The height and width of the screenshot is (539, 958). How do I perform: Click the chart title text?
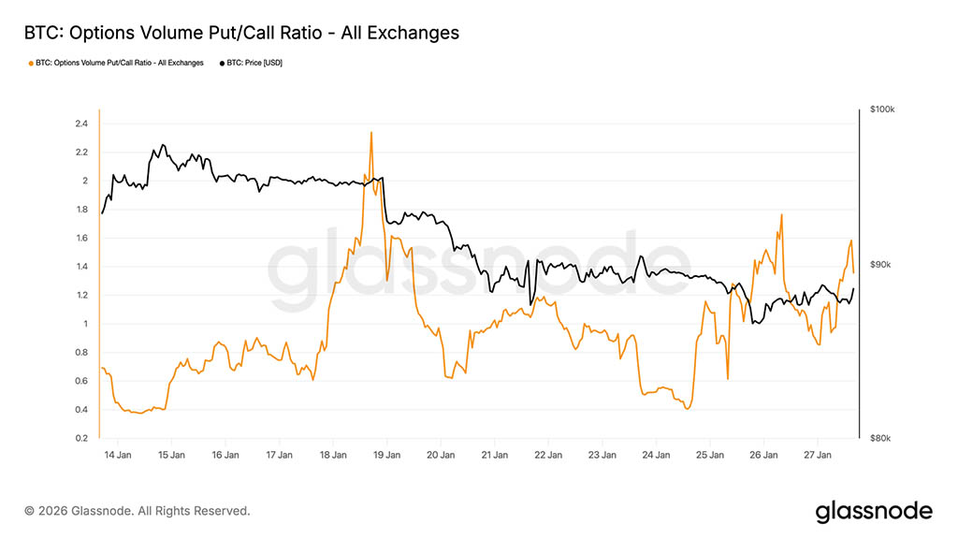241,33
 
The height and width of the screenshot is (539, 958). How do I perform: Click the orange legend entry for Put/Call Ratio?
116,63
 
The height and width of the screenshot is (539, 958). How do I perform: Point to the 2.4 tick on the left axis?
81,124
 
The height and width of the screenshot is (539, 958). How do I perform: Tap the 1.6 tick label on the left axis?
81,238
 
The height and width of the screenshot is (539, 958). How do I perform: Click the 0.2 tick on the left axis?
81,438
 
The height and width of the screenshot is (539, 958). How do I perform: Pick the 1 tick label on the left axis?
84,324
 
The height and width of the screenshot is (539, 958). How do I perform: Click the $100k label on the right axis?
882,109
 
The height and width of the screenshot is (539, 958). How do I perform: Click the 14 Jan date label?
117,456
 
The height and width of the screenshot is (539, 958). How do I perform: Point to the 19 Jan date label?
386,456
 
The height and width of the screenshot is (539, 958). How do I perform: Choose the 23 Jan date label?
602,456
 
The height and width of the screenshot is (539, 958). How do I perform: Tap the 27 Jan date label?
818,456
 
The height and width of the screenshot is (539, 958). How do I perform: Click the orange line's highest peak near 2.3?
371,132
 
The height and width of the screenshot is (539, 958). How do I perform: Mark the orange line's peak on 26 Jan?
780,214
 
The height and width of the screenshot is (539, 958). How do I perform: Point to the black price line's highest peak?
163,145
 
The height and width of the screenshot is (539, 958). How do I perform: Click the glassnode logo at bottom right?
874,511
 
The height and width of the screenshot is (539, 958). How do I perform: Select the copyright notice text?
138,511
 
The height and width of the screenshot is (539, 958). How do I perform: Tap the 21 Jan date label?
494,456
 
